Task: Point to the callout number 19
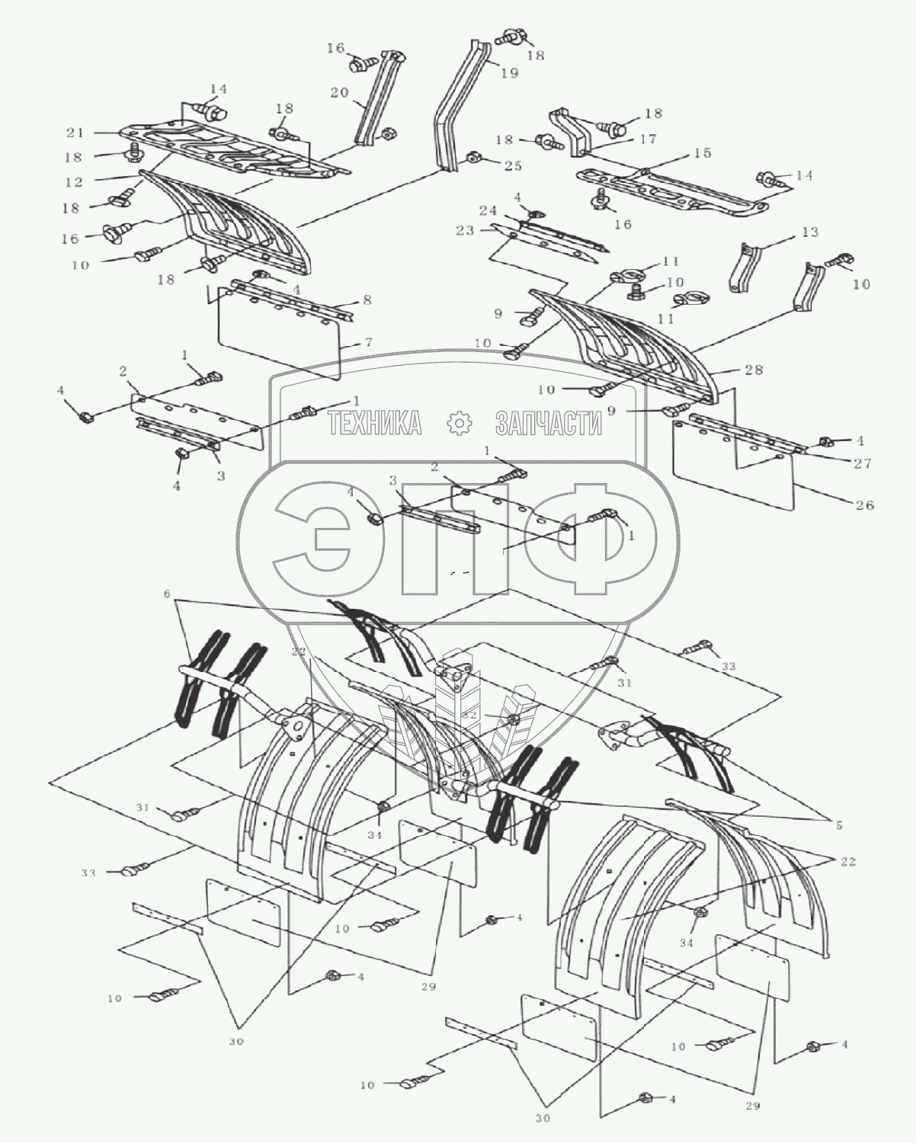[509, 73]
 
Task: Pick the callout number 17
[649, 139]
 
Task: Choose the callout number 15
[703, 153]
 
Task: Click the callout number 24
[488, 210]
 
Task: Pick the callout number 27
[863, 463]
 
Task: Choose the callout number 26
[865, 505]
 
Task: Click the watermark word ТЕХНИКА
[374, 422]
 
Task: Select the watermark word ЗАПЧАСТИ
[549, 422]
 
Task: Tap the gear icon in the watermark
[460, 422]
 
